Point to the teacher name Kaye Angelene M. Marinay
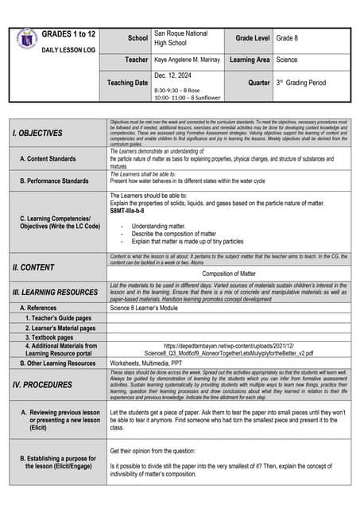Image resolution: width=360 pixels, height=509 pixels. (188, 60)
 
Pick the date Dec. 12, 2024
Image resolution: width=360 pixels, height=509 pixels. (175, 76)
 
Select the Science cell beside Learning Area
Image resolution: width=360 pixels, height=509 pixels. (287, 60)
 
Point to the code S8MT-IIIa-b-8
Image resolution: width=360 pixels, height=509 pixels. (133, 212)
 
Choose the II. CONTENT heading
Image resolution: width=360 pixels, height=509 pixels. (33, 267)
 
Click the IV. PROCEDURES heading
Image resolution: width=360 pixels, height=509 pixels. (42, 384)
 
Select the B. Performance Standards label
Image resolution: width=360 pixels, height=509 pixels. (54, 181)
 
